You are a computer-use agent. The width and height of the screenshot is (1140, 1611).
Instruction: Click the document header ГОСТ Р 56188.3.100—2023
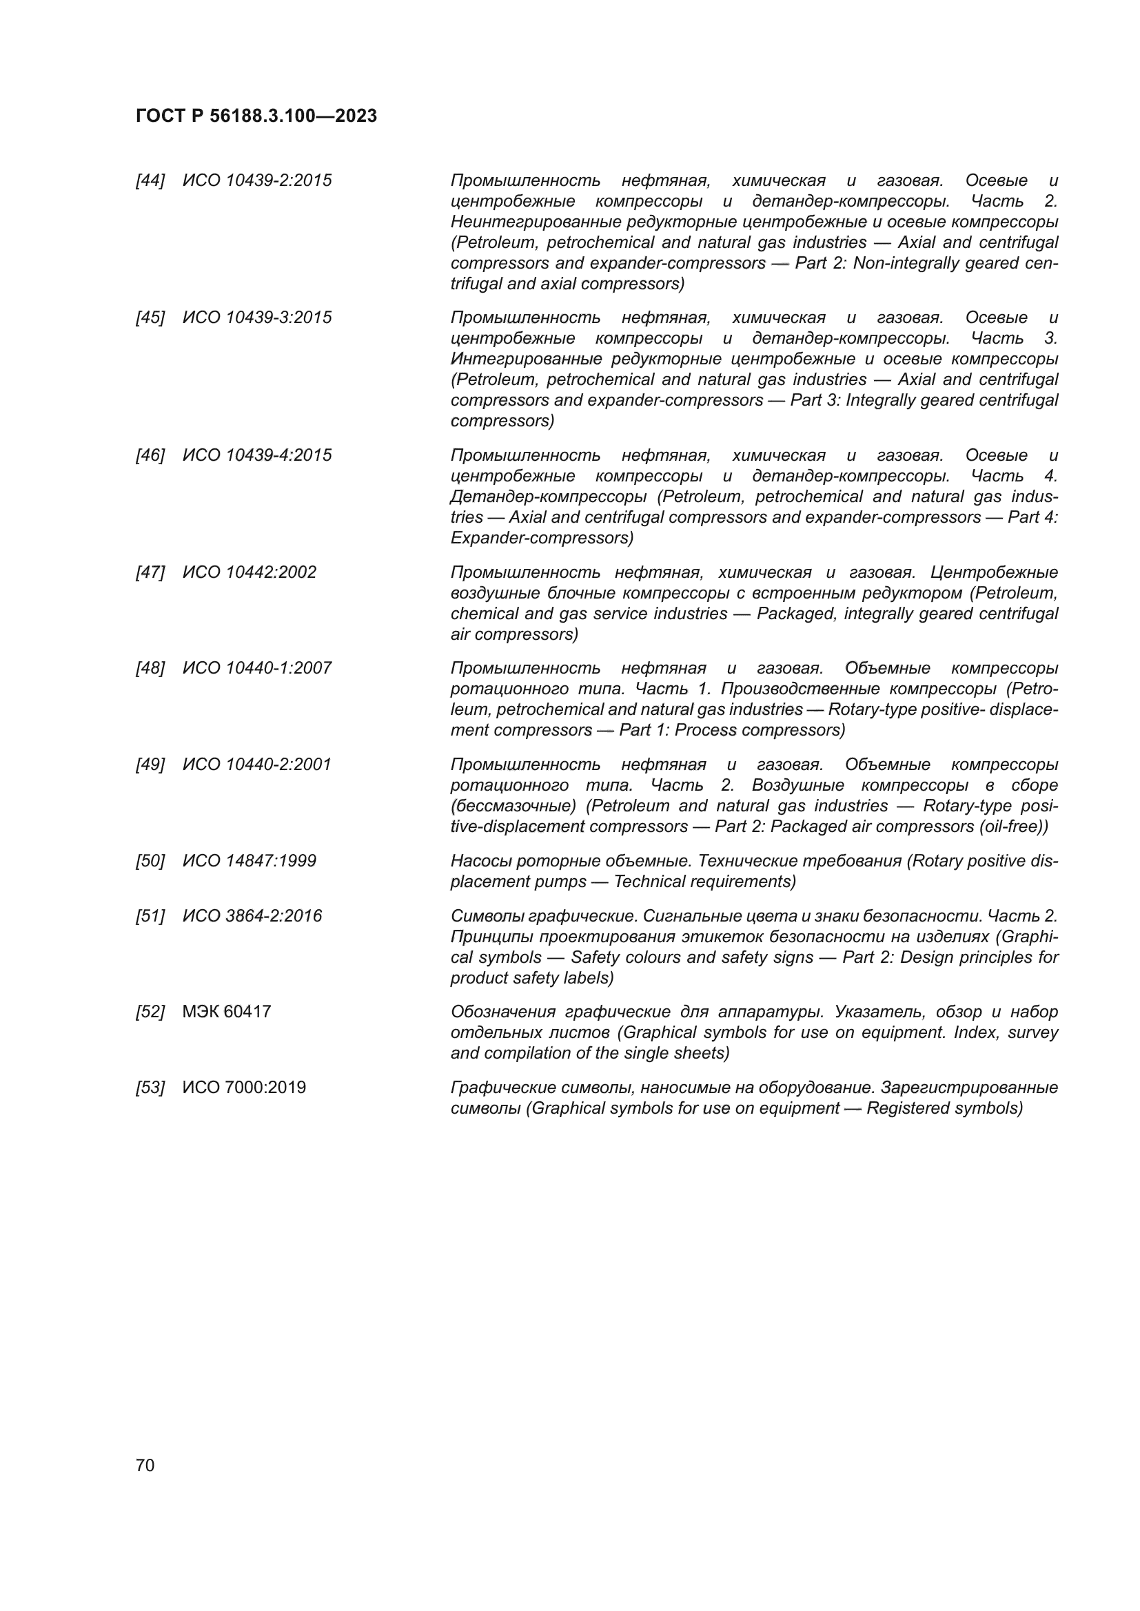tap(256, 116)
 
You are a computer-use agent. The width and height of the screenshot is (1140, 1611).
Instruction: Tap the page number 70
tap(145, 1466)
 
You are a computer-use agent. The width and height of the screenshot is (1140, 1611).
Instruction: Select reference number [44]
tap(150, 181)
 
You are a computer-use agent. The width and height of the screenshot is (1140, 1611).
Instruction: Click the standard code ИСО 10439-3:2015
tap(257, 318)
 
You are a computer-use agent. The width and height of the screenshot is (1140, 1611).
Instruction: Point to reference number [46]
tap(150, 455)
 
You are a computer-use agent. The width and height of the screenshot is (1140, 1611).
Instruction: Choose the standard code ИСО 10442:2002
tap(250, 572)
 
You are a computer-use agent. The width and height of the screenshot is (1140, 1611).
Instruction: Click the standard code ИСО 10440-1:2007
tap(257, 668)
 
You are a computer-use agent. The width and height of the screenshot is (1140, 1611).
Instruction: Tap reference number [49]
tap(150, 764)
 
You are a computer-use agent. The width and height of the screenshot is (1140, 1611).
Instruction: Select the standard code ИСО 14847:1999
tap(250, 861)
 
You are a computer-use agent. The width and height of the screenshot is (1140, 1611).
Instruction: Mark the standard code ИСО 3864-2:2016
tap(252, 916)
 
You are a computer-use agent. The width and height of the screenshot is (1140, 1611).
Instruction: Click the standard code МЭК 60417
tap(227, 1012)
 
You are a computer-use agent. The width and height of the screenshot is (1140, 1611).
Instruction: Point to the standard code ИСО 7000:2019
tap(244, 1088)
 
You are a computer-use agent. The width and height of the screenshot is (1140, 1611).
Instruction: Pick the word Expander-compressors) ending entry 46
tap(542, 538)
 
